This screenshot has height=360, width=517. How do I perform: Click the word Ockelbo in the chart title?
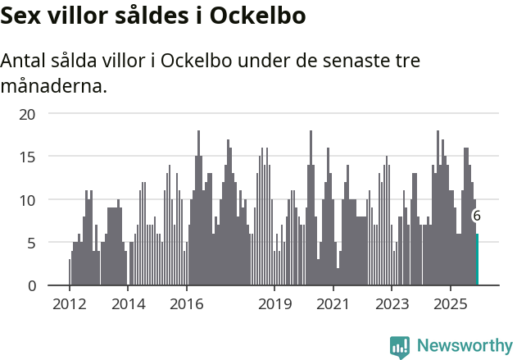[259, 16]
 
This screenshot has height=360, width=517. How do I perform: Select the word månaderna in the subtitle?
[54, 85]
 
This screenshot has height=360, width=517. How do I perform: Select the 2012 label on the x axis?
[70, 304]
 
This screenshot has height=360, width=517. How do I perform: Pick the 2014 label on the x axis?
[129, 304]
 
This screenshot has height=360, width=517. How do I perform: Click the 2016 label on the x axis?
[187, 304]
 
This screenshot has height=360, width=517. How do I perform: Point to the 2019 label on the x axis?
[274, 304]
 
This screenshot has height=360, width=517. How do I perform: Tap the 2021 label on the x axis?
[333, 304]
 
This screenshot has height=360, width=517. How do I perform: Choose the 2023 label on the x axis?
[392, 304]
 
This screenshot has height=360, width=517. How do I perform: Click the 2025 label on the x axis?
[451, 304]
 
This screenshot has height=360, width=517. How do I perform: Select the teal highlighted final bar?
[477, 260]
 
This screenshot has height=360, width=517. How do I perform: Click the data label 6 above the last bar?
[477, 216]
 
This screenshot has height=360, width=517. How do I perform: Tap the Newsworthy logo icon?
[400, 347]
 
